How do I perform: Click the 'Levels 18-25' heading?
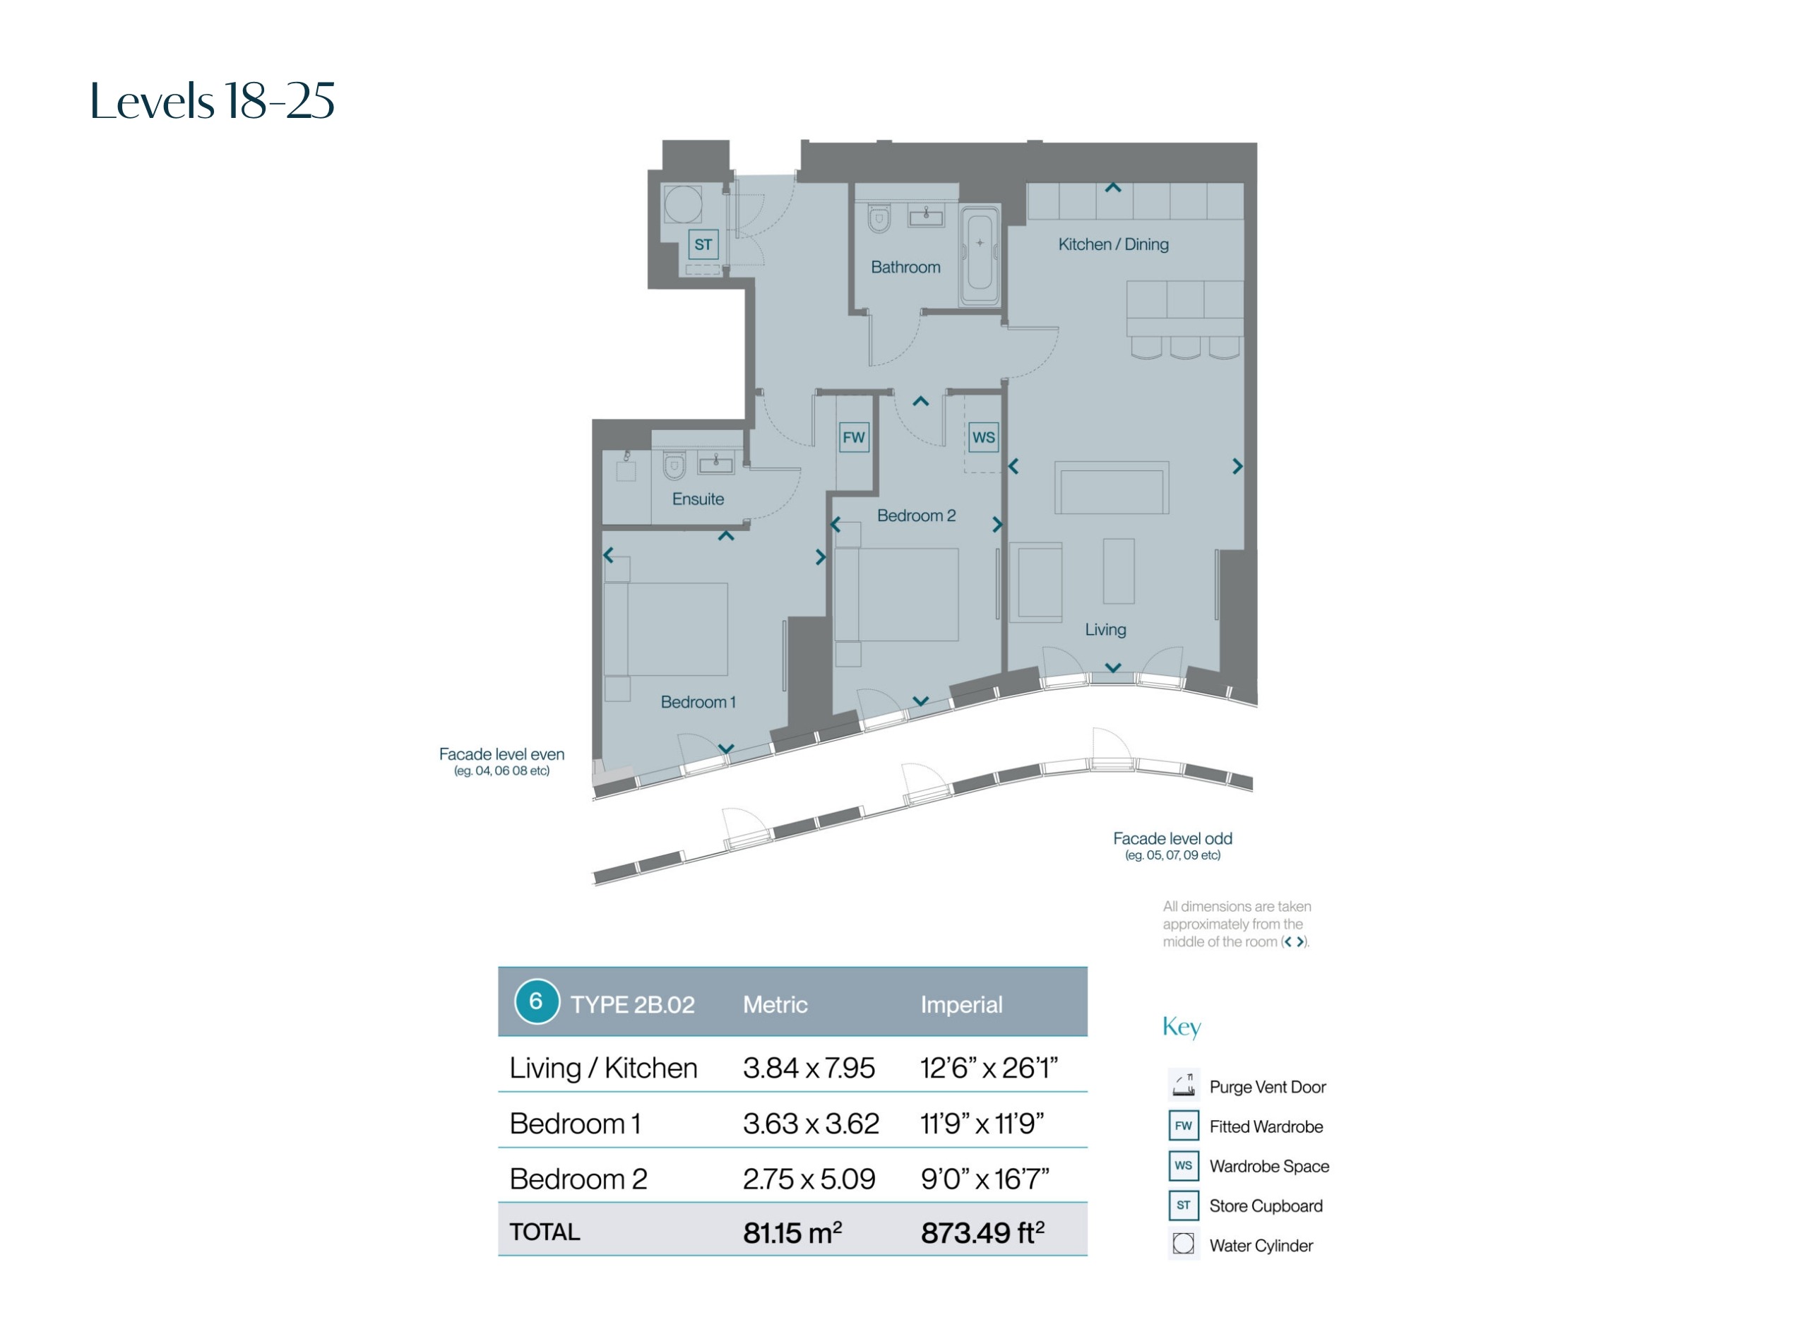click(x=213, y=100)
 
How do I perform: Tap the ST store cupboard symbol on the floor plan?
click(x=703, y=244)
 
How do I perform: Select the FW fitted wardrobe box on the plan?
click(x=853, y=438)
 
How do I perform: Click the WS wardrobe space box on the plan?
click(x=983, y=438)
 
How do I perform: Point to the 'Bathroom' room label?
click(x=905, y=267)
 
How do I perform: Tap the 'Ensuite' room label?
click(x=698, y=499)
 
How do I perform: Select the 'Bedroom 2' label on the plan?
click(x=916, y=516)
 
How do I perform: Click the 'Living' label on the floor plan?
click(x=1105, y=630)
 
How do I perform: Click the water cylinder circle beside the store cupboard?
click(x=682, y=204)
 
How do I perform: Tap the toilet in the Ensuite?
click(x=674, y=465)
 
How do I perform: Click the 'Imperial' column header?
click(x=961, y=1005)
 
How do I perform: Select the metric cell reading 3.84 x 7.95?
click(x=809, y=1068)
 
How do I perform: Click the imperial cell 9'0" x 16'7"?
click(x=985, y=1179)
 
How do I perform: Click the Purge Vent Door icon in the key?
click(x=1183, y=1085)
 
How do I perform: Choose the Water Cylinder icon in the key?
click(x=1183, y=1244)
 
